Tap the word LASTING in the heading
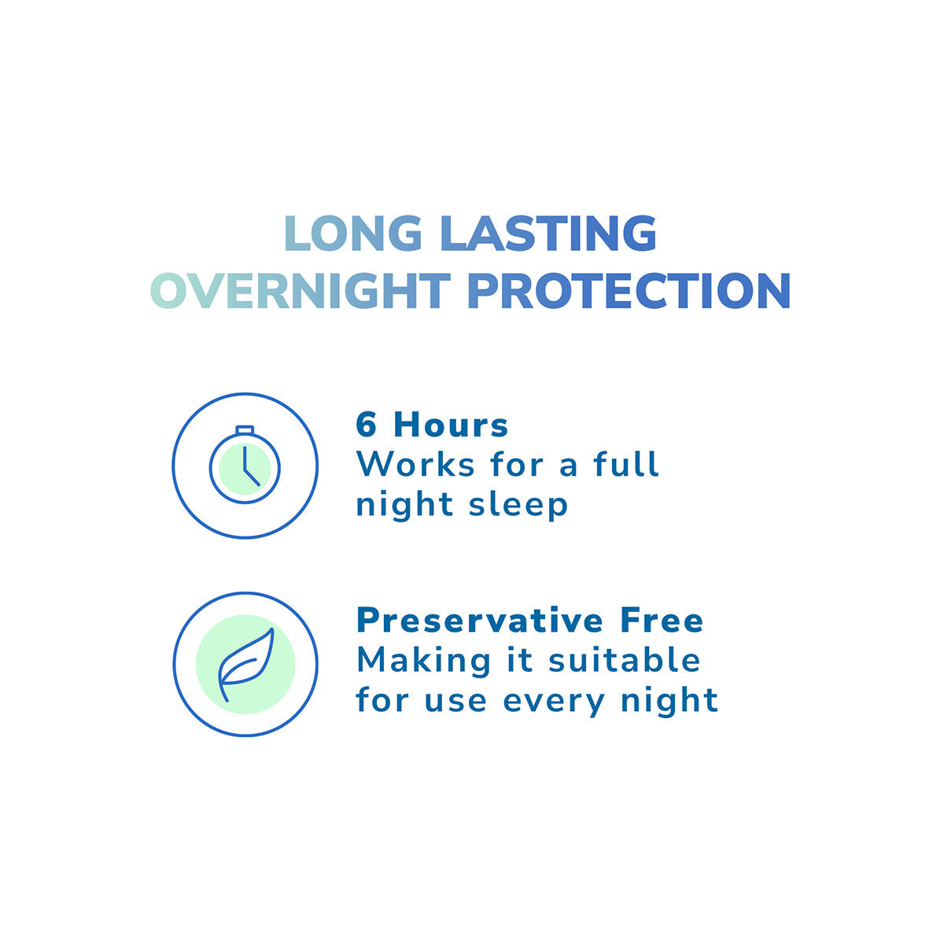point(548,234)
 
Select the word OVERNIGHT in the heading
point(300,291)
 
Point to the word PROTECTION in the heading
point(628,291)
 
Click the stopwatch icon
point(245,466)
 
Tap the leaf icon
point(245,665)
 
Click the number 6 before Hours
point(367,426)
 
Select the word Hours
point(451,426)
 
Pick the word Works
point(415,464)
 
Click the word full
point(626,464)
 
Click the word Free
point(662,621)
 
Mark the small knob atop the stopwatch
point(245,430)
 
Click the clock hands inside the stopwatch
point(248,468)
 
